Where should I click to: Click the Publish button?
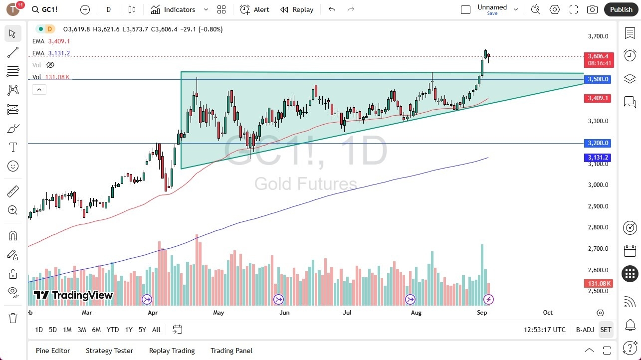point(621,9)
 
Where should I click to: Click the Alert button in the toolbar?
point(254,9)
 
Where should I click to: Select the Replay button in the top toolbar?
point(297,9)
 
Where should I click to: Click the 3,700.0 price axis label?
point(598,36)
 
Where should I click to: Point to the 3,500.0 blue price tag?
point(597,79)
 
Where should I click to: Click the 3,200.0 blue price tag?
point(597,143)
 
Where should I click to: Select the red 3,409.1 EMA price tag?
point(597,98)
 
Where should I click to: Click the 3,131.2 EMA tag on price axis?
point(597,158)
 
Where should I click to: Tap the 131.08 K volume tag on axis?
point(599,284)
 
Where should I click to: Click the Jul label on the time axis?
point(347,313)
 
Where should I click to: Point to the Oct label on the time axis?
point(548,313)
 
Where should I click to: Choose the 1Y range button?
point(129,330)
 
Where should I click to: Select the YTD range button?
point(113,330)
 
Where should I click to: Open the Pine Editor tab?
point(53,351)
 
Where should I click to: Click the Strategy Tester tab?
point(109,351)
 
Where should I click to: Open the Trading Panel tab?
point(231,351)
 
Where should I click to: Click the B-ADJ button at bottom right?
point(585,330)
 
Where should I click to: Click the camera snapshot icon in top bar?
point(592,9)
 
